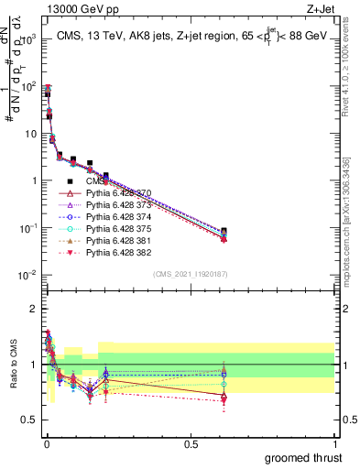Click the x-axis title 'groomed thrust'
click(303, 456)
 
